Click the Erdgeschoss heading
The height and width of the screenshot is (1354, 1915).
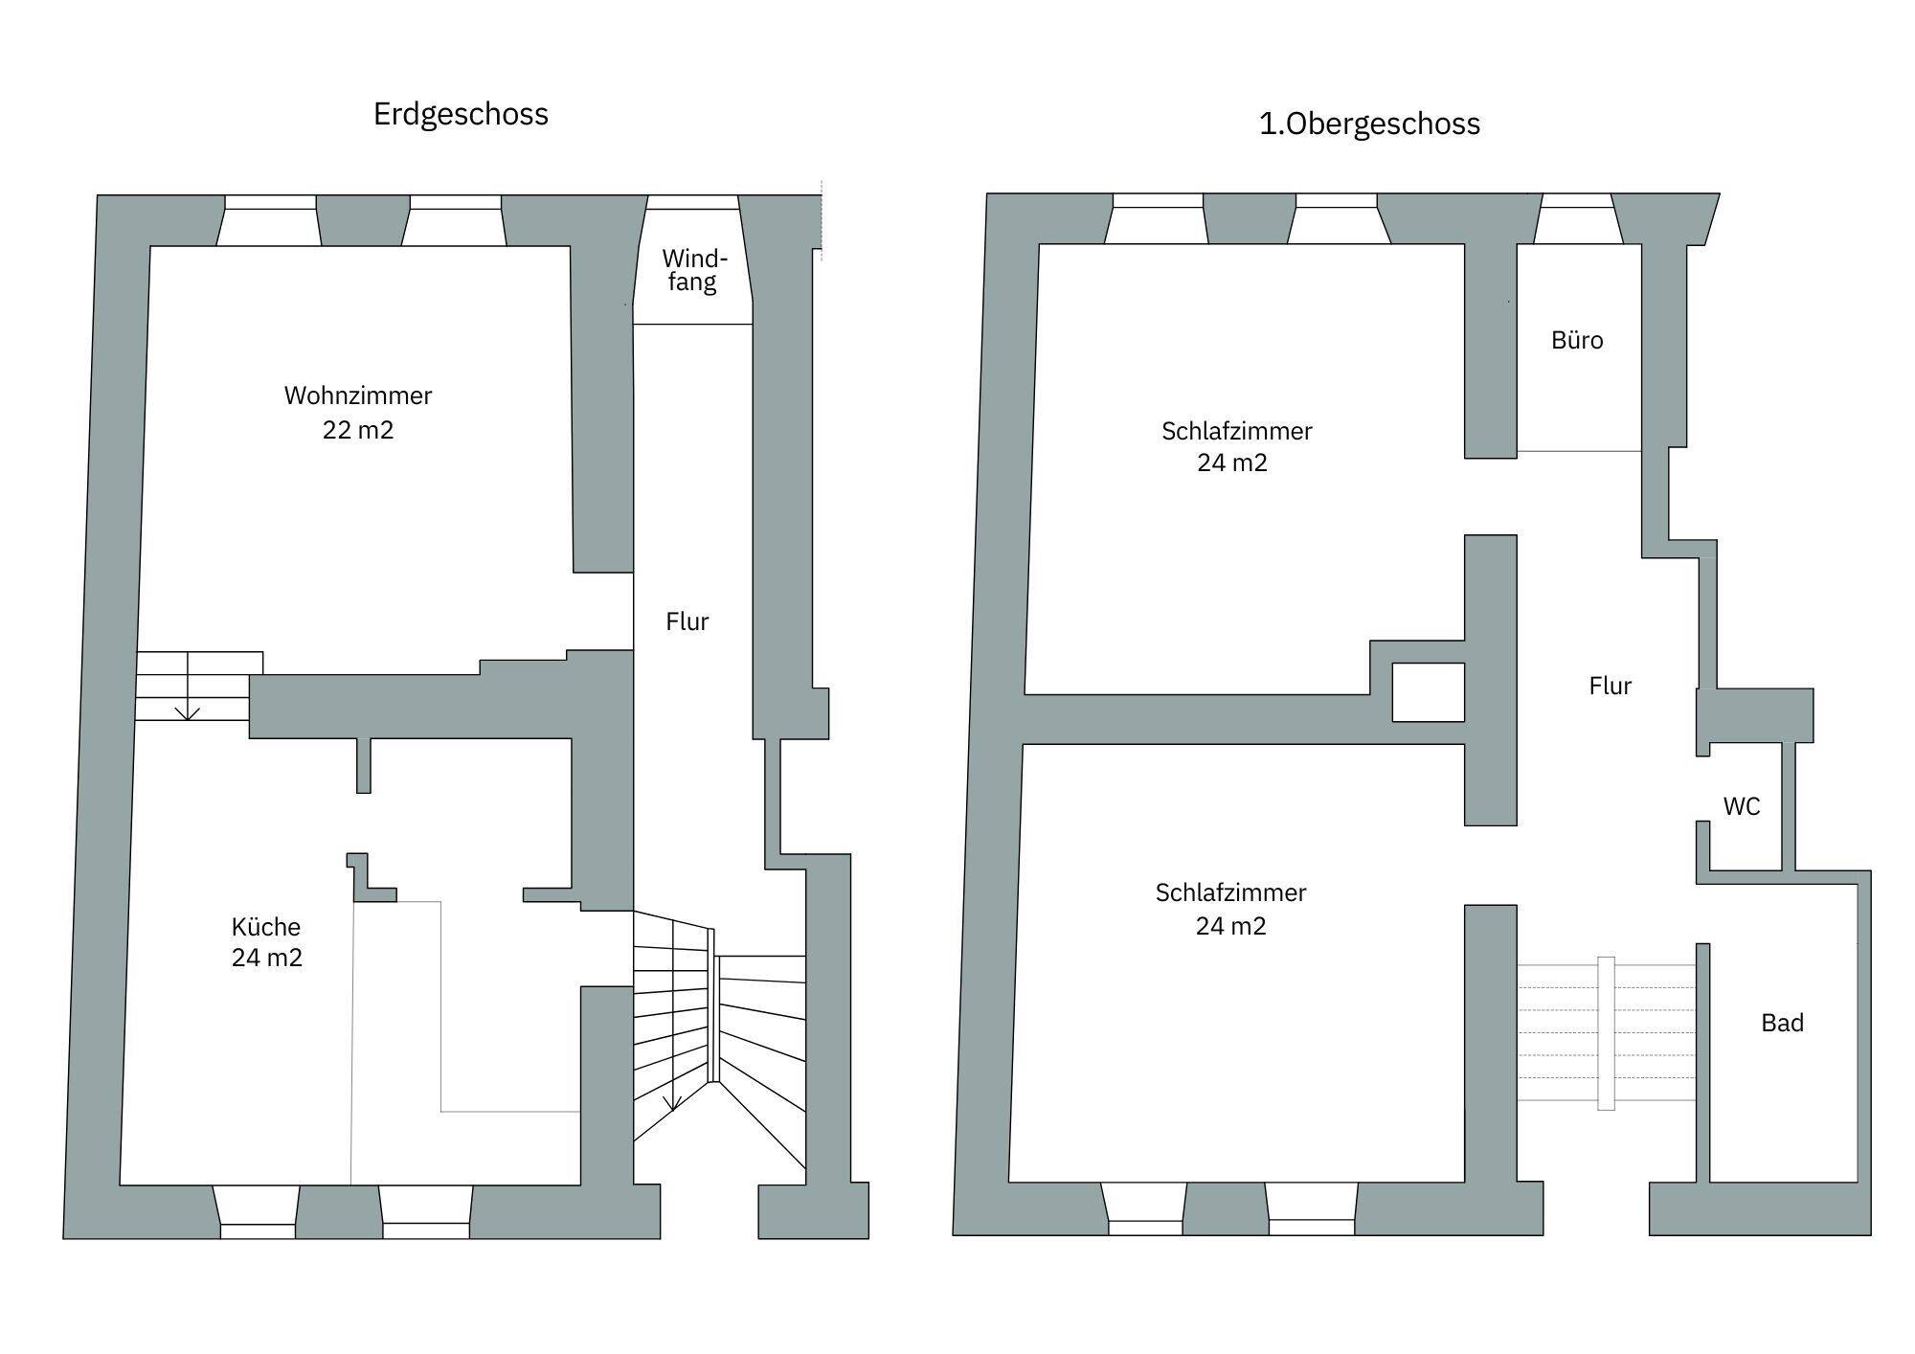click(x=461, y=115)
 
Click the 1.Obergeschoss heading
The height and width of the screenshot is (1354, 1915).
click(x=1369, y=124)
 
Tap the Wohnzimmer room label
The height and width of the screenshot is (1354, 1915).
click(x=358, y=395)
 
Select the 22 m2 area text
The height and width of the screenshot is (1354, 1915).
click(x=358, y=430)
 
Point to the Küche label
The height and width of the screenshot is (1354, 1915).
click(x=266, y=927)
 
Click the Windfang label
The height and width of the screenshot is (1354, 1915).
click(x=694, y=270)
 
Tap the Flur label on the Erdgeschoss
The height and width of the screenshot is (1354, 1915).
click(x=687, y=621)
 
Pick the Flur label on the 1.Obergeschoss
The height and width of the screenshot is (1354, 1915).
click(x=1611, y=686)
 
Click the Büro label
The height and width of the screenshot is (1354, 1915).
click(x=1577, y=340)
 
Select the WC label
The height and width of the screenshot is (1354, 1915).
click(x=1742, y=806)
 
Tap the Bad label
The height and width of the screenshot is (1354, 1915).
click(x=1783, y=1023)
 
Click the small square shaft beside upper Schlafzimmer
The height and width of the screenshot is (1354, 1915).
click(x=1429, y=692)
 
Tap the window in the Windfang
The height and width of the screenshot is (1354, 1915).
click(x=692, y=202)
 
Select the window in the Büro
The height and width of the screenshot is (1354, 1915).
click(x=1577, y=200)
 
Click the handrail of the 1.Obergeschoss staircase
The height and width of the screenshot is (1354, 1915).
click(x=1606, y=1033)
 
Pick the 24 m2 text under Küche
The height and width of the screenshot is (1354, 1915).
click(x=267, y=959)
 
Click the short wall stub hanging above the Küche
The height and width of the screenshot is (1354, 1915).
click(x=364, y=765)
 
